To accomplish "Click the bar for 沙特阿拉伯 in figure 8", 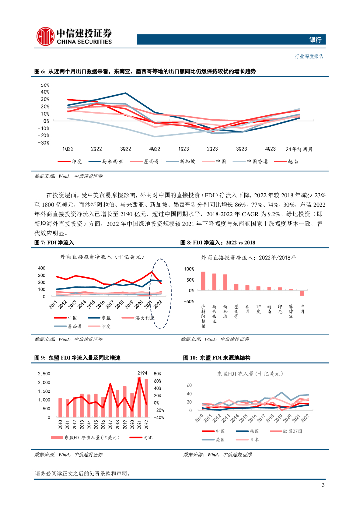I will [x=203, y=281].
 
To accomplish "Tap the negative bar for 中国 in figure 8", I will [x=302, y=293].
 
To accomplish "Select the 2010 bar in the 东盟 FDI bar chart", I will [x=60, y=408].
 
